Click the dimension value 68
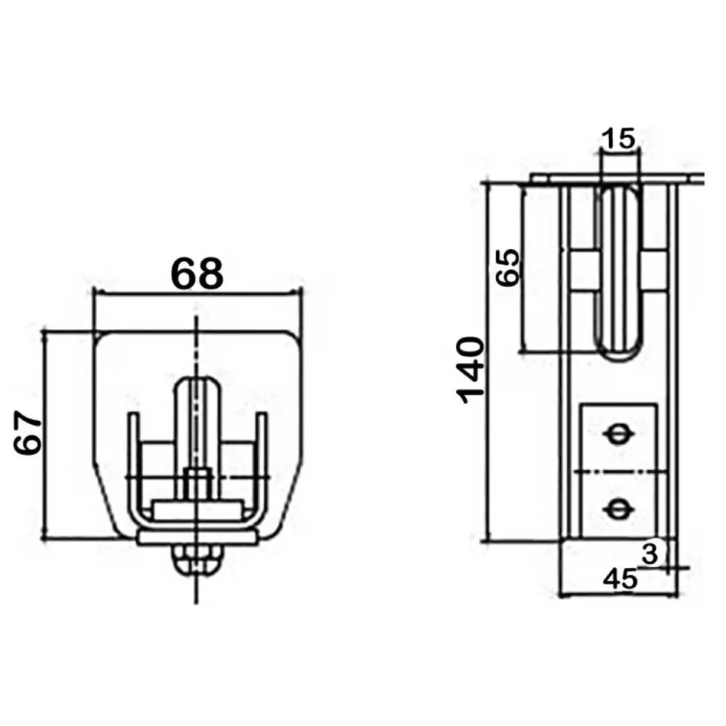(197, 274)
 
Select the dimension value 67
(28, 432)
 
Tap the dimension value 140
(471, 370)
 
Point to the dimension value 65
(508, 267)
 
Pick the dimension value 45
(620, 579)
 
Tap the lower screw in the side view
(618, 509)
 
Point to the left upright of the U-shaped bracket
(133, 463)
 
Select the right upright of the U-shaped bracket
(262, 463)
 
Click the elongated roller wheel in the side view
(618, 272)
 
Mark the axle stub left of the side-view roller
(583, 272)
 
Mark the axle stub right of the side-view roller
(654, 272)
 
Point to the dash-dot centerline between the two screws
(620, 471)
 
